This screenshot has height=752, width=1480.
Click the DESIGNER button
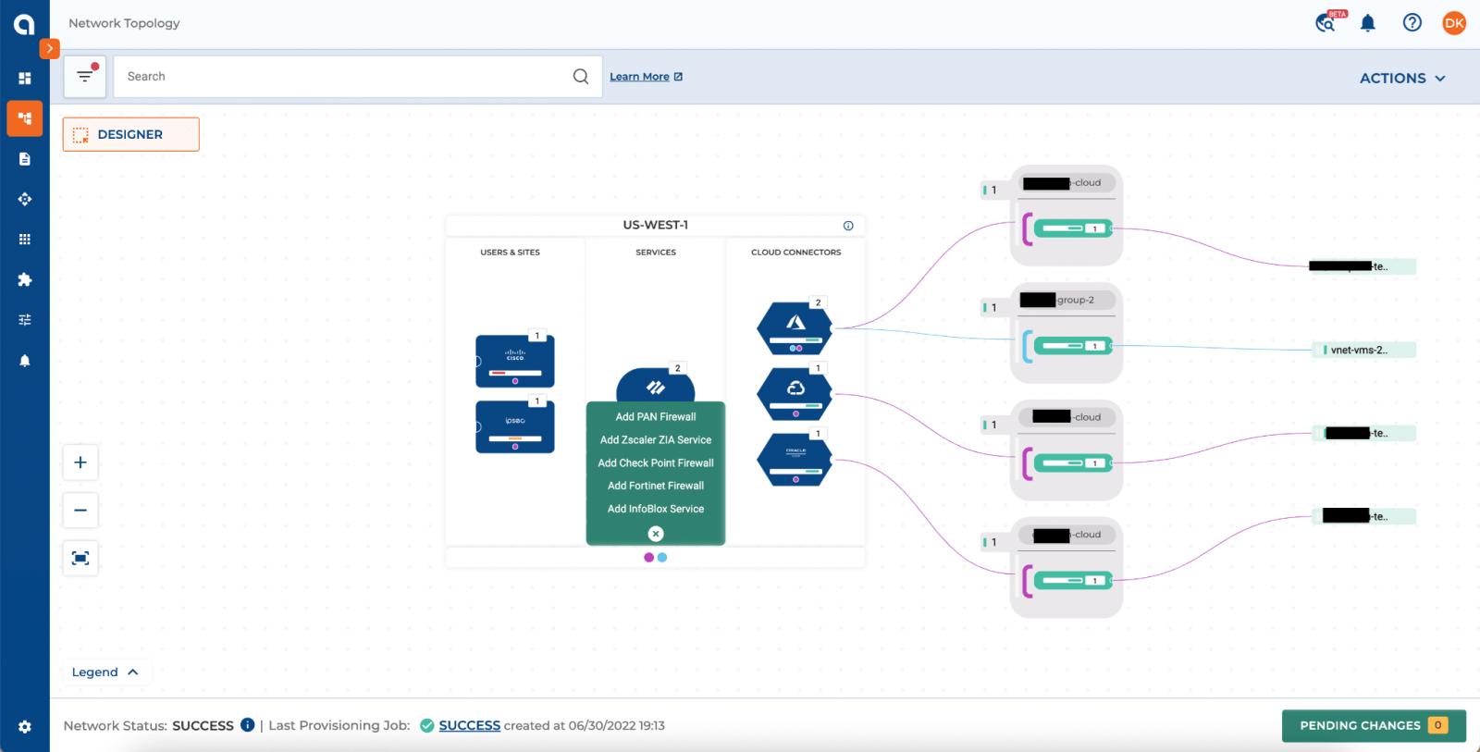click(x=130, y=134)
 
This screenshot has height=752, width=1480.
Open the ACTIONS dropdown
click(x=1401, y=79)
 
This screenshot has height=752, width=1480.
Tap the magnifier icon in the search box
click(x=580, y=77)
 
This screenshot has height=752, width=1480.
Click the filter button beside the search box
click(x=85, y=77)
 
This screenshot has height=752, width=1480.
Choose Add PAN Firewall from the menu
click(x=655, y=417)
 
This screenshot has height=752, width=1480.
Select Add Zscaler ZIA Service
click(x=655, y=440)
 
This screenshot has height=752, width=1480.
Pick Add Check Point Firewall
click(x=655, y=463)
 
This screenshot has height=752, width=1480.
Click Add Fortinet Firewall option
click(x=655, y=486)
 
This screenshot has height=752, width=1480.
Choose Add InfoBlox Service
click(x=655, y=509)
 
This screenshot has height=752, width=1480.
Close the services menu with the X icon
click(x=656, y=534)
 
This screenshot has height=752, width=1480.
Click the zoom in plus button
click(x=80, y=462)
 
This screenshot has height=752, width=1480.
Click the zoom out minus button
click(x=80, y=511)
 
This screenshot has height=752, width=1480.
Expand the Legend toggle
click(x=105, y=672)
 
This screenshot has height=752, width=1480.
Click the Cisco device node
click(x=515, y=361)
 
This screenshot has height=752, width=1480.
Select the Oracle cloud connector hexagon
click(x=795, y=460)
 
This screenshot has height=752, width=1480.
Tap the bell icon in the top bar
click(x=1367, y=23)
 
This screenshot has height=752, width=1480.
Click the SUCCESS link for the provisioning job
click(x=469, y=726)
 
